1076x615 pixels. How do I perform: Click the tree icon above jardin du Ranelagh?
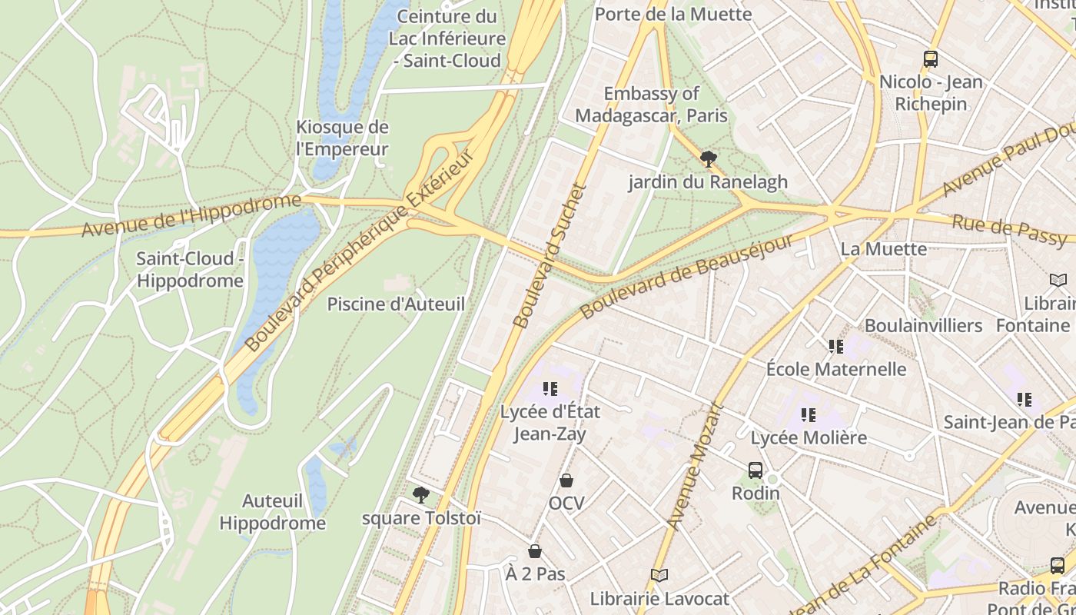click(708, 159)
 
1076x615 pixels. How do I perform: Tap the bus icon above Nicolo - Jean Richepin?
click(931, 58)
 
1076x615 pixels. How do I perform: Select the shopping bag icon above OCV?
click(566, 480)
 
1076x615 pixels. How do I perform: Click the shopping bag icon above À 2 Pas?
click(535, 551)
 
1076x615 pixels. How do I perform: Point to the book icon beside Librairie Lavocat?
click(659, 575)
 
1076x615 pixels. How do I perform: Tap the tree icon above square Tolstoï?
click(420, 495)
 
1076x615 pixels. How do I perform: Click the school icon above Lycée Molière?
click(809, 415)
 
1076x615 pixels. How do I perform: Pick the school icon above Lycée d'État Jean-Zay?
click(550, 389)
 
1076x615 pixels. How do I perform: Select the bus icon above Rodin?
click(756, 470)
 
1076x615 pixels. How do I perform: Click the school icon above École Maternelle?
click(836, 347)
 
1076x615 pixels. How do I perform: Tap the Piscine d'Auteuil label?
click(396, 304)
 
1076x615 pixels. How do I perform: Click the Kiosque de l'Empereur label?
click(343, 138)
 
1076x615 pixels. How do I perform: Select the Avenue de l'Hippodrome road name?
click(191, 216)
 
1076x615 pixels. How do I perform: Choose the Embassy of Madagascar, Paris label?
click(651, 105)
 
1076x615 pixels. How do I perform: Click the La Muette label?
click(872, 249)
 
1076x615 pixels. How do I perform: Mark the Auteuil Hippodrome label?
click(273, 512)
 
